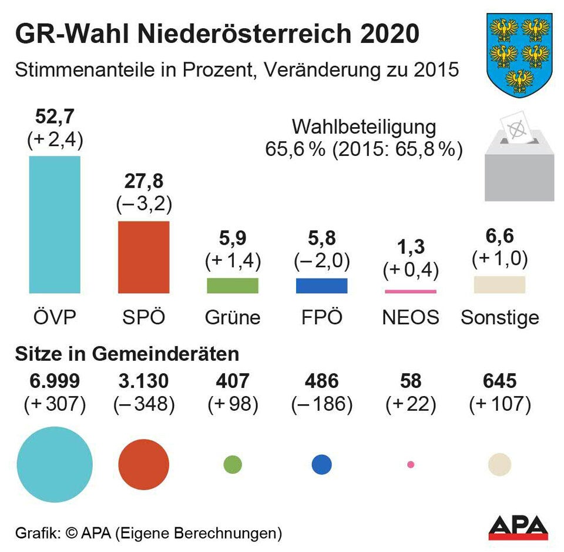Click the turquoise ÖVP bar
55,224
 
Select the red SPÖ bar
143,257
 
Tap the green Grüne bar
232,285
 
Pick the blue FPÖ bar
321,285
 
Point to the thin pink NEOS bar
410,291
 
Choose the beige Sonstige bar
499,284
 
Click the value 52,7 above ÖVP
55,117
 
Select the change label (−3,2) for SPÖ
143,204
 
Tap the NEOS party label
410,318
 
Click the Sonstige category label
499,318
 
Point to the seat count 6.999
55,381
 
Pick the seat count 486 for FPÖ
321,381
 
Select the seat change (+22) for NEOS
410,405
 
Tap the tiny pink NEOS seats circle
410,464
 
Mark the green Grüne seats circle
233,464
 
